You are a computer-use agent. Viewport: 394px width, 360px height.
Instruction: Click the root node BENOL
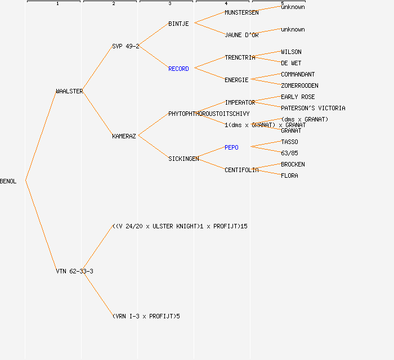[x=8, y=181]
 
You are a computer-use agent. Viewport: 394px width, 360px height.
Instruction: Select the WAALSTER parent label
[x=69, y=91]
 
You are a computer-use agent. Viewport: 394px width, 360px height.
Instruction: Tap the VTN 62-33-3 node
[x=74, y=271]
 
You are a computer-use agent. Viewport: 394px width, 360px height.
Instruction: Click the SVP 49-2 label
[x=125, y=46]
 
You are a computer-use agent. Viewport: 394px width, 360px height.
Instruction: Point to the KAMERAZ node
[x=124, y=136]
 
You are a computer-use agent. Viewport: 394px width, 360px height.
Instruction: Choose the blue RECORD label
[x=178, y=69]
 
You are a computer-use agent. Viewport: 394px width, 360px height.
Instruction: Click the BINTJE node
[x=178, y=24]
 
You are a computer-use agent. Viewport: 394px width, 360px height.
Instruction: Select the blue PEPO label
[x=231, y=147]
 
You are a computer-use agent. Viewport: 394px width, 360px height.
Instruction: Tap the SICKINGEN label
[x=183, y=159]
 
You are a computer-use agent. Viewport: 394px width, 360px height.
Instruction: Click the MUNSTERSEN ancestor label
[x=241, y=12]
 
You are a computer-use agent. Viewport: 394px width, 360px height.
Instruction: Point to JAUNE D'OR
[x=241, y=35]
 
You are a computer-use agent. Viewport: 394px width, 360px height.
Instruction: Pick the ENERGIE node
[x=236, y=80]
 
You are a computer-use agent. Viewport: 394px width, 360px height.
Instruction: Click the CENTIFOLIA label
[x=241, y=170]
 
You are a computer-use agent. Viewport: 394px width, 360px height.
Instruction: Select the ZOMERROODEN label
[x=299, y=85]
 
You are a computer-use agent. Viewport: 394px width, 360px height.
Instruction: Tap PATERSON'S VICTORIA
[x=313, y=108]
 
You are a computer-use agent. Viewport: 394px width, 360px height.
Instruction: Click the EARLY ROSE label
[x=298, y=97]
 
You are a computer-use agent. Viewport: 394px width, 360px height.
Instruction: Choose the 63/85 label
[x=289, y=153]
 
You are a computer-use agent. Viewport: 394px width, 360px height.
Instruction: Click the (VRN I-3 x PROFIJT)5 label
[x=146, y=316]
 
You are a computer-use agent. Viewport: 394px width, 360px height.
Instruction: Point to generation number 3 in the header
[x=169, y=4]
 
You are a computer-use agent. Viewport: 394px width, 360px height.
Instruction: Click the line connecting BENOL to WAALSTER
[x=41, y=136]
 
